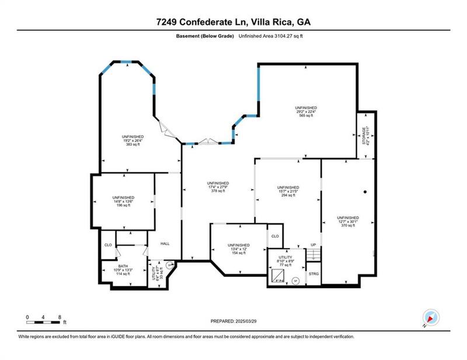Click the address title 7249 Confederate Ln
(x=233, y=22)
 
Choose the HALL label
(x=165, y=243)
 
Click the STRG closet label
(x=314, y=273)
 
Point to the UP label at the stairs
(x=313, y=244)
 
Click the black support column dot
(x=365, y=192)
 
